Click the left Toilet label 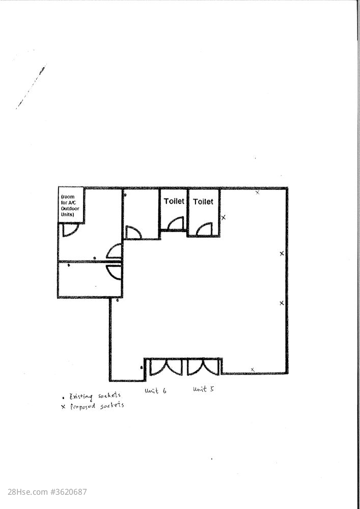(x=174, y=201)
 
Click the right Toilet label (x=203, y=202)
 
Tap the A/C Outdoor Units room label (x=70, y=206)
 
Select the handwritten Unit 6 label (x=155, y=390)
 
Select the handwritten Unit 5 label (x=204, y=389)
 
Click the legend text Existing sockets (x=95, y=397)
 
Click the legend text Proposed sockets (x=97, y=406)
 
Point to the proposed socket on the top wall (x=258, y=192)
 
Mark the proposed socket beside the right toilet (x=224, y=217)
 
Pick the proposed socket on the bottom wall (x=253, y=370)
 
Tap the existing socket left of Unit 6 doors (x=141, y=367)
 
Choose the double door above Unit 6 (x=166, y=367)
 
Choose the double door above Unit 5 (x=204, y=367)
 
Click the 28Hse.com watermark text (x=47, y=492)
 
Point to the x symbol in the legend (x=63, y=407)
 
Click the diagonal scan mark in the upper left (x=31, y=87)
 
